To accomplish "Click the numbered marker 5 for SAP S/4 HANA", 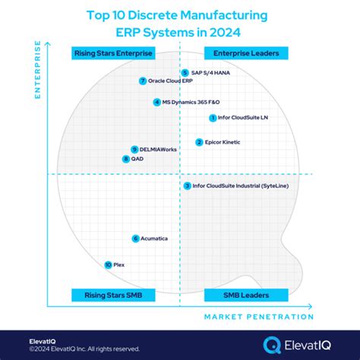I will pyautogui.click(x=185, y=73).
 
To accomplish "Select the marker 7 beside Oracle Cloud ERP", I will pyautogui.click(x=142, y=81).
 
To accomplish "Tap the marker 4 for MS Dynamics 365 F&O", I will pyautogui.click(x=156, y=102).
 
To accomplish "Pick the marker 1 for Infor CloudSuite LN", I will pyautogui.click(x=212, y=118).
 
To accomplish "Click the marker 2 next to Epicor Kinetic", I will pyautogui.click(x=199, y=142).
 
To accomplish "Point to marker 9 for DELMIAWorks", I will pyautogui.click(x=134, y=150).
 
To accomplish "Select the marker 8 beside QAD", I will pyautogui.click(x=126, y=159).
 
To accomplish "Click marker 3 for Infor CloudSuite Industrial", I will pyautogui.click(x=187, y=185).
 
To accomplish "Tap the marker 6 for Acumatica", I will pyautogui.click(x=136, y=238).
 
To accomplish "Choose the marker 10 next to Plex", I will pyautogui.click(x=109, y=264).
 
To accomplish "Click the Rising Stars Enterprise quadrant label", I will pyautogui.click(x=113, y=53).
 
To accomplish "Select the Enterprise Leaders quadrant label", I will pyautogui.click(x=246, y=53).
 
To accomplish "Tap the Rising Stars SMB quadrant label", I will pyautogui.click(x=113, y=295).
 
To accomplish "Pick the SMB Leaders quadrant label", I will pyautogui.click(x=246, y=295).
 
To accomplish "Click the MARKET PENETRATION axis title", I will pyautogui.click(x=258, y=317).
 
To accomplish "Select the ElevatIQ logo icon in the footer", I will pyautogui.click(x=271, y=345).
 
